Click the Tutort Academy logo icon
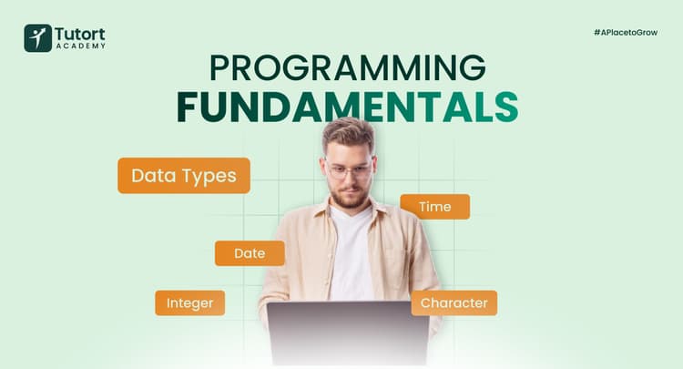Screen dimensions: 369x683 [x=38, y=38]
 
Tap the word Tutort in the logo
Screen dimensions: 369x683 [x=81, y=33]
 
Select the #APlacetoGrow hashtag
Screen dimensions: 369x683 [x=624, y=32]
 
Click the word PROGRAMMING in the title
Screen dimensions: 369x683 [x=347, y=69]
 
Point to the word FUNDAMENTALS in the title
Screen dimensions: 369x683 [x=347, y=106]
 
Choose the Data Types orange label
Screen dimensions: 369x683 [x=184, y=175]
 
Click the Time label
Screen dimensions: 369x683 [x=434, y=207]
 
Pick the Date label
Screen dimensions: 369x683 [x=250, y=253]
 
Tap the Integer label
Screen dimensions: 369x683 [x=189, y=302]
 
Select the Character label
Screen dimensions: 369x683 [x=454, y=302]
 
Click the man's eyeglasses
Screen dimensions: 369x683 [x=350, y=170]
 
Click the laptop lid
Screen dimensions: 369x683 [x=347, y=333]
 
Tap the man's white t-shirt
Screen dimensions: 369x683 [x=351, y=255]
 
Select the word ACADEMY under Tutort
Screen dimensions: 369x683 [x=81, y=46]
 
